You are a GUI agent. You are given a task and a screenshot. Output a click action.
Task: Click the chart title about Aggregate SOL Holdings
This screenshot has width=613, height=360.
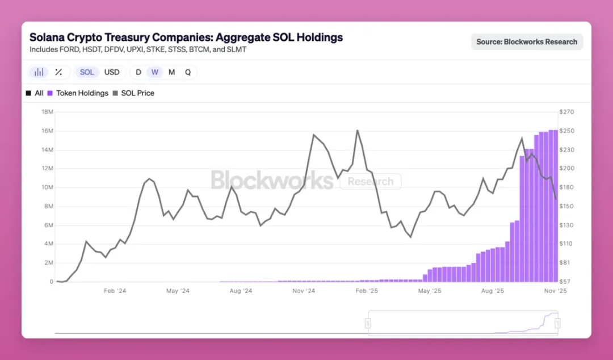pos(186,37)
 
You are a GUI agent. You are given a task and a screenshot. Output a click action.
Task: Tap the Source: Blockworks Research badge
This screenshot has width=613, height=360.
pos(527,41)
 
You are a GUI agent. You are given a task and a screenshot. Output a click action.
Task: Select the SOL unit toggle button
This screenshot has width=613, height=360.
pos(87,72)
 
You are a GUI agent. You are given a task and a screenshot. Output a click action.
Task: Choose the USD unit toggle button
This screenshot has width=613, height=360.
pos(112,72)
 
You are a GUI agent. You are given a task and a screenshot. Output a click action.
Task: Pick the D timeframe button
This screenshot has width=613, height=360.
pos(138,72)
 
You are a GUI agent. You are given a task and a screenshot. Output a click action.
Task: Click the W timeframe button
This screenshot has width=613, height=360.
pos(154,72)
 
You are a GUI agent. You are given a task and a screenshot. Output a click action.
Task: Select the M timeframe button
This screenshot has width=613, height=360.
pos(171,72)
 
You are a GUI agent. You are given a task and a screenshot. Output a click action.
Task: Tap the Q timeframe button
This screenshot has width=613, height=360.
pos(188,72)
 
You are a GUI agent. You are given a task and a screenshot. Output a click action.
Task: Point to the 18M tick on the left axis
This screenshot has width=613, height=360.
pos(47,112)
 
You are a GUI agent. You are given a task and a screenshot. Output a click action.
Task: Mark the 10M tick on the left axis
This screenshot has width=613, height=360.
pos(47,187)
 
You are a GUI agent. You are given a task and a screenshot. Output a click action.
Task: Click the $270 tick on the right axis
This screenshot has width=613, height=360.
pos(567,112)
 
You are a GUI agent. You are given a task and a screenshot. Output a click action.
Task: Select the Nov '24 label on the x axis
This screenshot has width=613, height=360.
pos(303,291)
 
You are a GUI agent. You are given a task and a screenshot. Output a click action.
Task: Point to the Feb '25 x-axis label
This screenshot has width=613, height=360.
pos(366,291)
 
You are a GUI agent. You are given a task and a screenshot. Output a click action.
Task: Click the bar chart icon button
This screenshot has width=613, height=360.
pos(39,72)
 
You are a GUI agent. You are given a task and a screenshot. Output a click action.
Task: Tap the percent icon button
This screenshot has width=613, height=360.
pos(58,72)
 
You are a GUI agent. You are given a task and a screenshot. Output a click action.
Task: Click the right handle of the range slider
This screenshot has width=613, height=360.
pos(557,323)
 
